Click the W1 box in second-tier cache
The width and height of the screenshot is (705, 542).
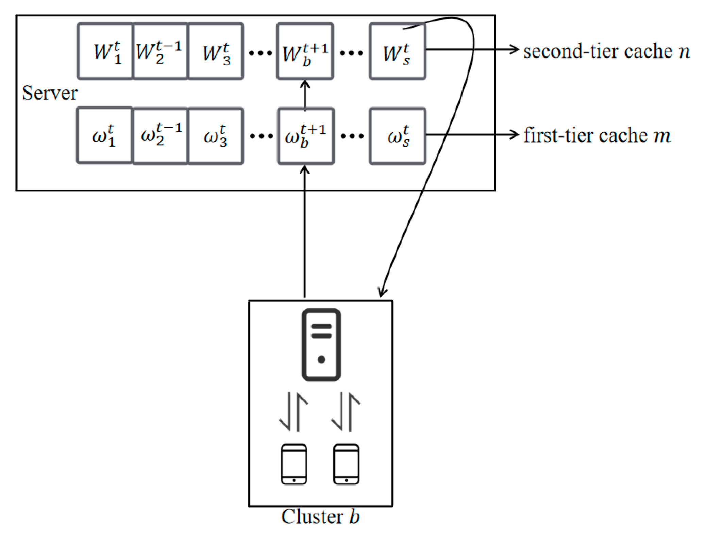click(x=105, y=51)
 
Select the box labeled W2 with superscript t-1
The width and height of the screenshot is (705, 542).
click(x=160, y=51)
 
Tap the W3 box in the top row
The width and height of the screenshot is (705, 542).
click(x=216, y=51)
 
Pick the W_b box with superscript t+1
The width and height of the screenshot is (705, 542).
click(x=305, y=51)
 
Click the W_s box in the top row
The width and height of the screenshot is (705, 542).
click(x=397, y=51)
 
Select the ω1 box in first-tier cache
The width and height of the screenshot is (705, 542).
click(x=104, y=136)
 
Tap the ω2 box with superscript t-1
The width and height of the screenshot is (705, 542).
click(x=160, y=136)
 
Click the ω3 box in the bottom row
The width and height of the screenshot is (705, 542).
click(x=216, y=136)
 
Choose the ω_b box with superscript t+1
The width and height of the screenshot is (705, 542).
click(x=305, y=136)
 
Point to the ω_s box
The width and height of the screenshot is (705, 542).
click(x=397, y=136)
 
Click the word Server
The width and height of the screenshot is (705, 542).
click(x=50, y=93)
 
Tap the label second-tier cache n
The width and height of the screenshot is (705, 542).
click(x=606, y=51)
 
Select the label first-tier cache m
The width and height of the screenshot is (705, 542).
click(x=597, y=135)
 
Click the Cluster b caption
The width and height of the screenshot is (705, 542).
click(x=320, y=517)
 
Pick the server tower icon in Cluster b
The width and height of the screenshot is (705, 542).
click(x=321, y=344)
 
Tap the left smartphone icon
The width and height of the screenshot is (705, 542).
click(x=294, y=464)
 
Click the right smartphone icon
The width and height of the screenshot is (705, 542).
click(x=346, y=464)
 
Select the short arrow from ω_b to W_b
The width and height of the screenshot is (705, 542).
click(x=305, y=95)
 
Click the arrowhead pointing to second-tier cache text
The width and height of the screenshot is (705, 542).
click(x=514, y=50)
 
